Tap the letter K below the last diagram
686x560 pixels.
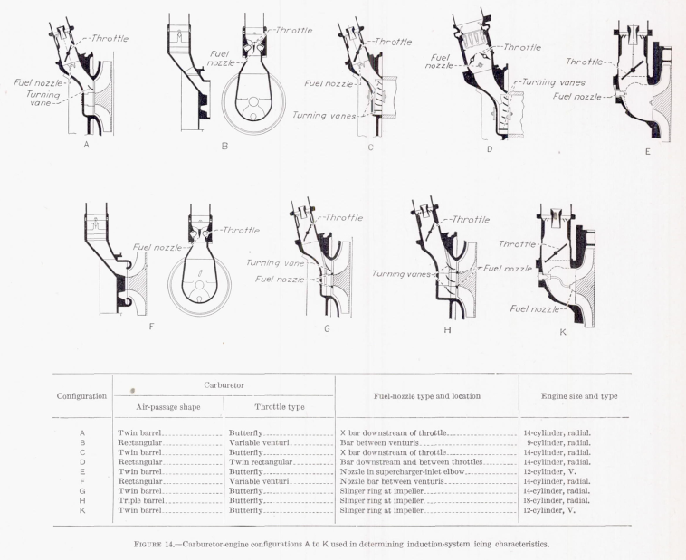(x=563, y=331)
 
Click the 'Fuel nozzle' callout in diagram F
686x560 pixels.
(x=156, y=246)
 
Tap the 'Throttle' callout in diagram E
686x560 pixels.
(x=585, y=62)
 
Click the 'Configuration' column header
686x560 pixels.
(x=81, y=395)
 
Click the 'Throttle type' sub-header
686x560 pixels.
(x=280, y=407)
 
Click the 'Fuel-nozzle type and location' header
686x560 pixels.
(x=426, y=395)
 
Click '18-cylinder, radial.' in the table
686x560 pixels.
(x=557, y=500)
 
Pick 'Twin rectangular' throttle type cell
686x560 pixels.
(x=262, y=461)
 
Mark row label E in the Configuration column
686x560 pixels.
(x=82, y=471)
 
